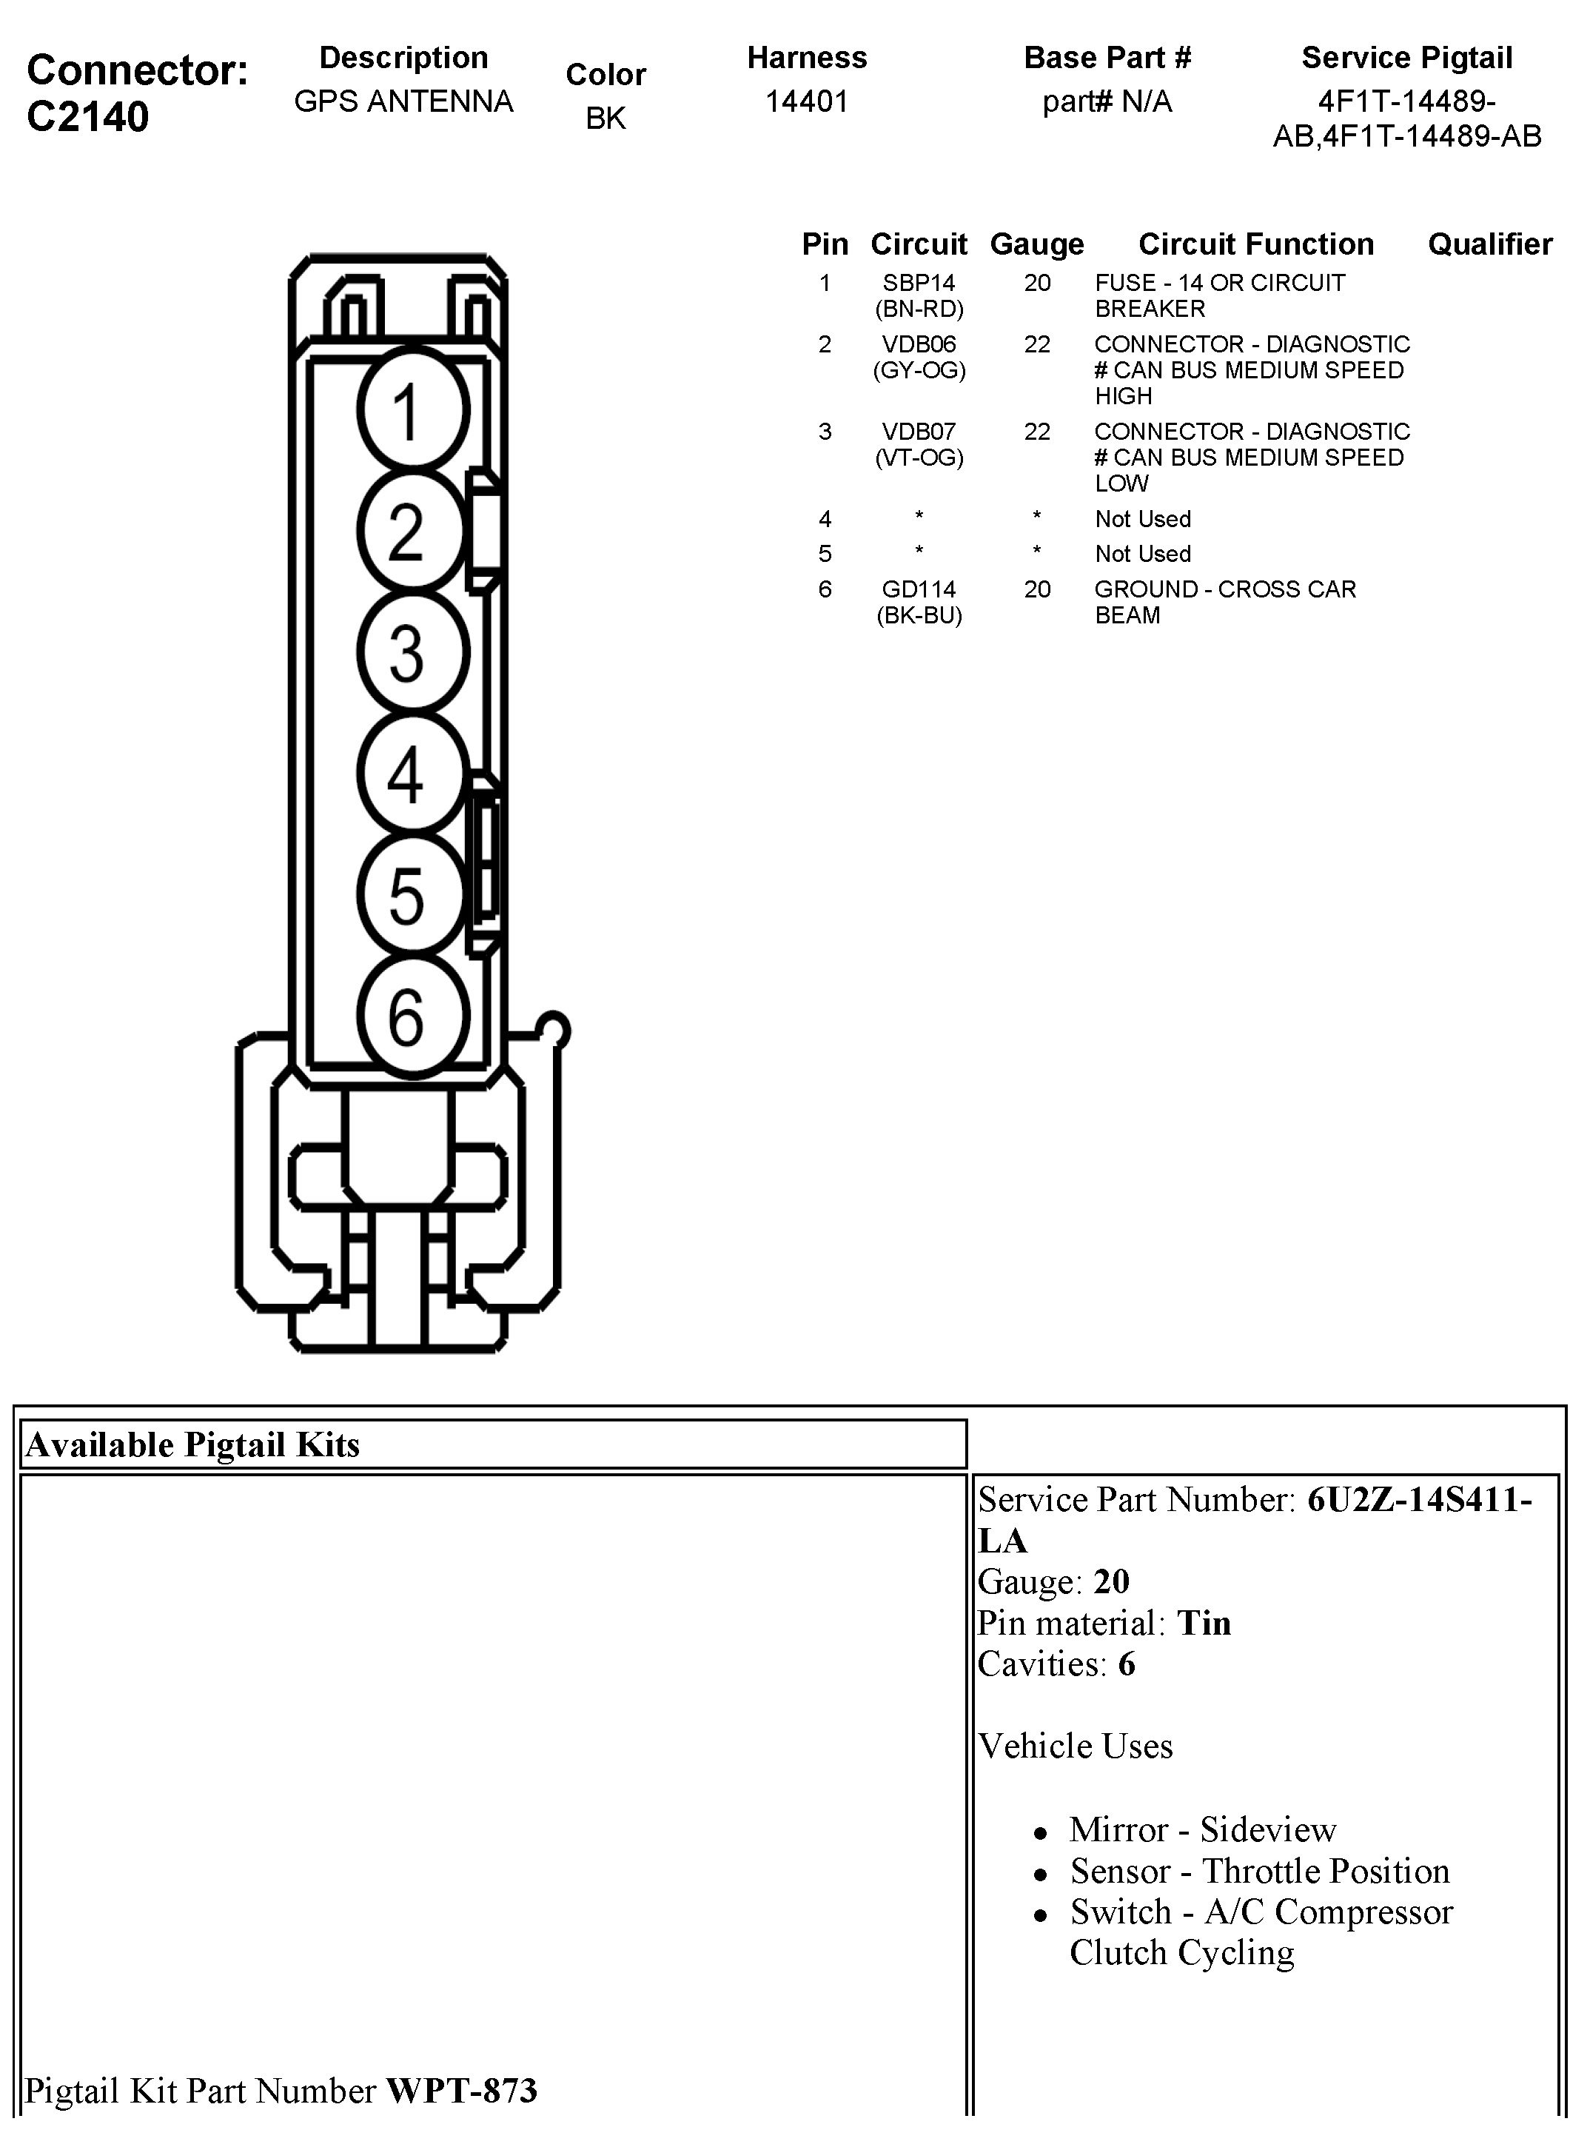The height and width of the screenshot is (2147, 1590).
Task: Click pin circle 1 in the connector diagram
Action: [413, 410]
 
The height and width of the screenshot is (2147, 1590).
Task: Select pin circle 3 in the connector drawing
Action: [413, 652]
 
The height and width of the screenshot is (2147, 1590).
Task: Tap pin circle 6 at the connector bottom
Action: [413, 1015]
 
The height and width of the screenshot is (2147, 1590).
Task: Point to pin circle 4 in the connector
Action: [413, 773]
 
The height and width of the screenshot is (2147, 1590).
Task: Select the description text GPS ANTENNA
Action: [403, 101]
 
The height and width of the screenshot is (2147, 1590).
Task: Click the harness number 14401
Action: [807, 101]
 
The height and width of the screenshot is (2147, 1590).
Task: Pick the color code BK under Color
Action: [606, 118]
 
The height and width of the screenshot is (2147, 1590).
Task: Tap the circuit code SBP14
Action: [919, 283]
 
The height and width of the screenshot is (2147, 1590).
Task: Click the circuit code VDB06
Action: [919, 344]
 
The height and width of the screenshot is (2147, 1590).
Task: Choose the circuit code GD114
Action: [919, 589]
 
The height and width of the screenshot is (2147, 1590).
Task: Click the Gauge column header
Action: [1036, 244]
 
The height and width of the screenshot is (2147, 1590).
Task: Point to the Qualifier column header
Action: [1489, 244]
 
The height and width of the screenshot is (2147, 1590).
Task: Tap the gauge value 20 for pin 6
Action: [1036, 589]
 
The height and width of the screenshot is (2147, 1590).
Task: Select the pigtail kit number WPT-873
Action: [461, 2090]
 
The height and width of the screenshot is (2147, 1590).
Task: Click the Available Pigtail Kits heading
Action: [192, 1444]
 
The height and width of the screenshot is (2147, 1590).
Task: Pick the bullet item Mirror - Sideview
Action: [1202, 1829]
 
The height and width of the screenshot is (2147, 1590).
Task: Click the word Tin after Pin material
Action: [1204, 1624]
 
